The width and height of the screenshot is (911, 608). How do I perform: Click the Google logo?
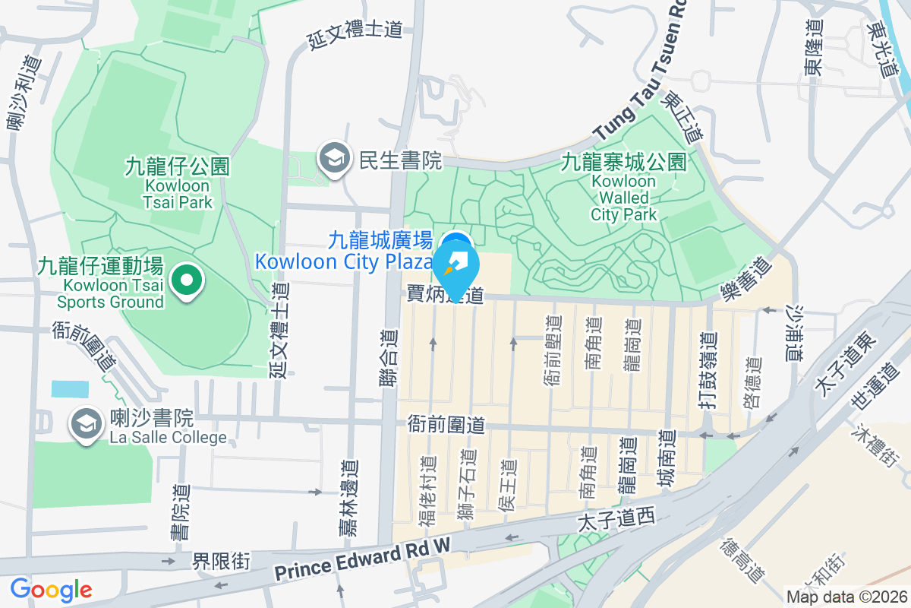[51, 590]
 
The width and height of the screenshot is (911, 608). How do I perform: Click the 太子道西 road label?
[616, 520]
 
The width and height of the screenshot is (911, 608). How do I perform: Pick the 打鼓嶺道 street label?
[708, 373]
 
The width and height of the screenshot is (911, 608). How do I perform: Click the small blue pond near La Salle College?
[69, 389]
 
